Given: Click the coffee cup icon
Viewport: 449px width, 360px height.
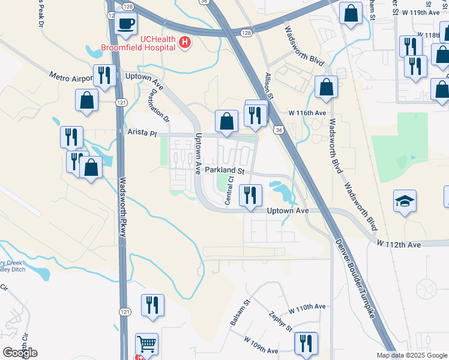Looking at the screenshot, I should pyautogui.click(x=125, y=23).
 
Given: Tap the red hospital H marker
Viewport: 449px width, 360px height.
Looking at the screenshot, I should pyautogui.click(x=185, y=43).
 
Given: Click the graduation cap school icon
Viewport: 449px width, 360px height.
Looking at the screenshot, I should pyautogui.click(x=405, y=201).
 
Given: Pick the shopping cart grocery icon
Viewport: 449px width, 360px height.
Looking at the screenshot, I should pyautogui.click(x=146, y=344).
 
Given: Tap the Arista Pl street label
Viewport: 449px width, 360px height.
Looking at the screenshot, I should pyautogui.click(x=141, y=132).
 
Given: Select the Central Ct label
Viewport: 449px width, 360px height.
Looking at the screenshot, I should pyautogui.click(x=229, y=193).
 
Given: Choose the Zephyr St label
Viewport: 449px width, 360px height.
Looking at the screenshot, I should pyautogui.click(x=280, y=321).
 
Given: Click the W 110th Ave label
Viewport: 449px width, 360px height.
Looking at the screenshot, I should pyautogui.click(x=307, y=307).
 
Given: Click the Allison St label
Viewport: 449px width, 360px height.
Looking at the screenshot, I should pyautogui.click(x=268, y=86).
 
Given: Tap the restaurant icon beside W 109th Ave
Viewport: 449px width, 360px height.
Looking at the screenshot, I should pyautogui.click(x=306, y=344).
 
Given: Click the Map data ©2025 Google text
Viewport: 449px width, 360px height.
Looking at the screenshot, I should pyautogui.click(x=412, y=355).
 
